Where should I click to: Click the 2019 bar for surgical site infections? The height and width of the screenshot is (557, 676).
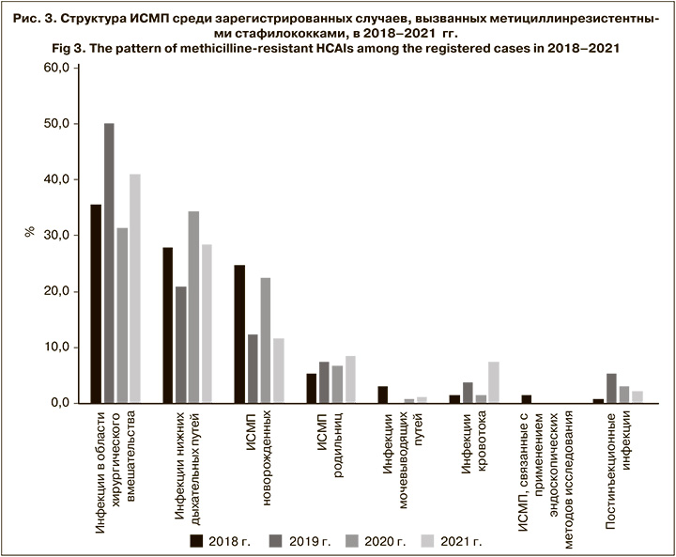(109, 263)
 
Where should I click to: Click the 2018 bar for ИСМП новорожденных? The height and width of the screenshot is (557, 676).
(239, 333)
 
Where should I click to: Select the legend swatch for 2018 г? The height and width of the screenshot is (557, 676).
(196, 539)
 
